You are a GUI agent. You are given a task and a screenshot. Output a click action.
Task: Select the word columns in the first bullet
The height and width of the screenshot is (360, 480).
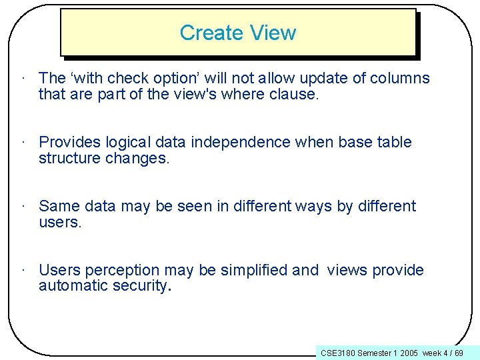click(399, 78)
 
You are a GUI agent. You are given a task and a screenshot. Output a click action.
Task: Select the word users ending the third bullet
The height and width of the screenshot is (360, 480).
click(59, 222)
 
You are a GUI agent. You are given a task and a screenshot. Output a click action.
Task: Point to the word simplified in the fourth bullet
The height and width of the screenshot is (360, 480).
click(253, 270)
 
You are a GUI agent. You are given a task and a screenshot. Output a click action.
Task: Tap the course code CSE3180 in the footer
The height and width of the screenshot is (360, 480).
click(338, 352)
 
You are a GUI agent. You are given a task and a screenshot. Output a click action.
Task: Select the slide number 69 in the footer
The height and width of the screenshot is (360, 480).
click(459, 352)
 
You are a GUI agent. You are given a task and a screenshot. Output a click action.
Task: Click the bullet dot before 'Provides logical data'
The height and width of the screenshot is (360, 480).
click(23, 142)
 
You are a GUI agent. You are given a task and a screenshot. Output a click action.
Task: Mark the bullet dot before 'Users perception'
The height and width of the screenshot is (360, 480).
click(23, 270)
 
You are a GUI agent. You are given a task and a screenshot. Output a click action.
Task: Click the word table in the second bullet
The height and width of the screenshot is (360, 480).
click(396, 142)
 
